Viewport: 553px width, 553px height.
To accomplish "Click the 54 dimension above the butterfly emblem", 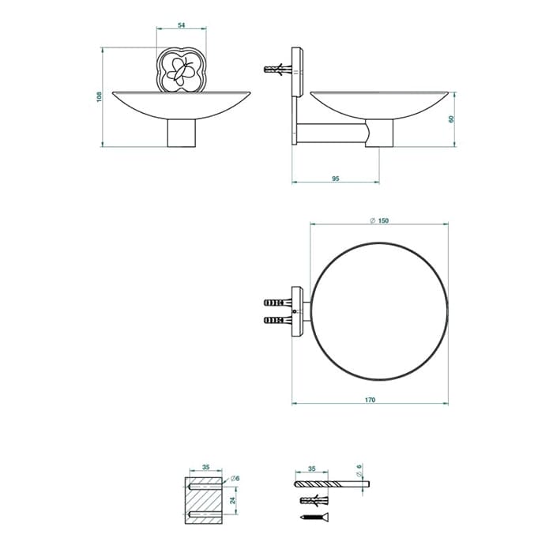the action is (x=181, y=25).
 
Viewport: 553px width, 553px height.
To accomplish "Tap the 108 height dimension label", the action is (x=99, y=97).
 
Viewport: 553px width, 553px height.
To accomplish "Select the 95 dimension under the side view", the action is (x=336, y=179).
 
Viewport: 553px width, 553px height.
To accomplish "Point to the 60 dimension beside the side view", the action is (x=451, y=118).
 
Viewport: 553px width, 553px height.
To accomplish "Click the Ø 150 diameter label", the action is (x=379, y=220).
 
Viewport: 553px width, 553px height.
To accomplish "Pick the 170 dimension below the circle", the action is (x=370, y=400).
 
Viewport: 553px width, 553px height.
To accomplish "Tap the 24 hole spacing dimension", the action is (x=232, y=500).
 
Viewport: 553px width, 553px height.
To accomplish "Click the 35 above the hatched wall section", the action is (x=206, y=467).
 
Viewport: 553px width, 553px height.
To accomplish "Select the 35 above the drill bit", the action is (x=312, y=468).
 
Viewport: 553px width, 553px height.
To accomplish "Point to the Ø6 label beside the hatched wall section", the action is (x=235, y=478).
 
